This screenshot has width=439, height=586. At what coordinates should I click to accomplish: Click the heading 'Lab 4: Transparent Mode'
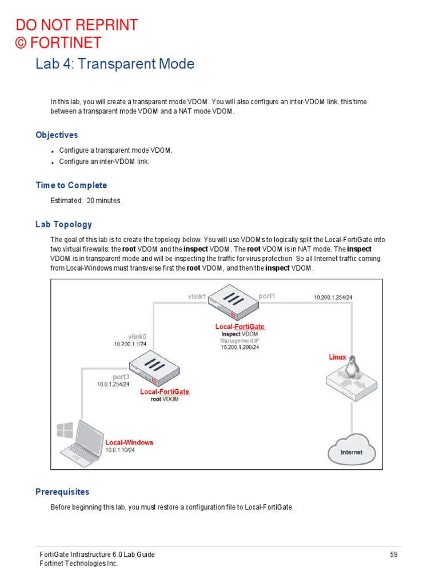(x=114, y=64)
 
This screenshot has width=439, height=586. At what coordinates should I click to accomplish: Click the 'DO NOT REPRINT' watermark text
(x=77, y=25)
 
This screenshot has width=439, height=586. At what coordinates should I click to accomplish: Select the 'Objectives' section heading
(x=57, y=135)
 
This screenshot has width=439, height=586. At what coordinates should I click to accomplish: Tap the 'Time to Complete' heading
(x=71, y=185)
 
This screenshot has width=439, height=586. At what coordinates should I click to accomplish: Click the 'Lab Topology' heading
(x=63, y=224)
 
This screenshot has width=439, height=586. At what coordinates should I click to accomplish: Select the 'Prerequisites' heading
(x=62, y=492)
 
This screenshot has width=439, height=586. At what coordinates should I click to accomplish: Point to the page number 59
(x=393, y=555)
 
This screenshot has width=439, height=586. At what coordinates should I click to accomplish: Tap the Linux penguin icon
(x=354, y=364)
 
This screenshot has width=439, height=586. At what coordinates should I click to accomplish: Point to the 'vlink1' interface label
(x=196, y=297)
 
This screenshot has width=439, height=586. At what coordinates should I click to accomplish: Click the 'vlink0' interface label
(x=137, y=336)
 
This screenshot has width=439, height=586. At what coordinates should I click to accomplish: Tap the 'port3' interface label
(x=121, y=377)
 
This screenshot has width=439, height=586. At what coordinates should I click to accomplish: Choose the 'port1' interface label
(x=266, y=296)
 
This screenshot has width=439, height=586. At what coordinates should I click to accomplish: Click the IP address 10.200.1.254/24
(x=333, y=298)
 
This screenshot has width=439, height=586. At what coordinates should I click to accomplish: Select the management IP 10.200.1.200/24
(x=240, y=347)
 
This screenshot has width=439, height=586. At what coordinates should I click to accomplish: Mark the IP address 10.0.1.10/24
(x=120, y=450)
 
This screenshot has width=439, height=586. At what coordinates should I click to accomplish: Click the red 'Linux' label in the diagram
(x=337, y=357)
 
